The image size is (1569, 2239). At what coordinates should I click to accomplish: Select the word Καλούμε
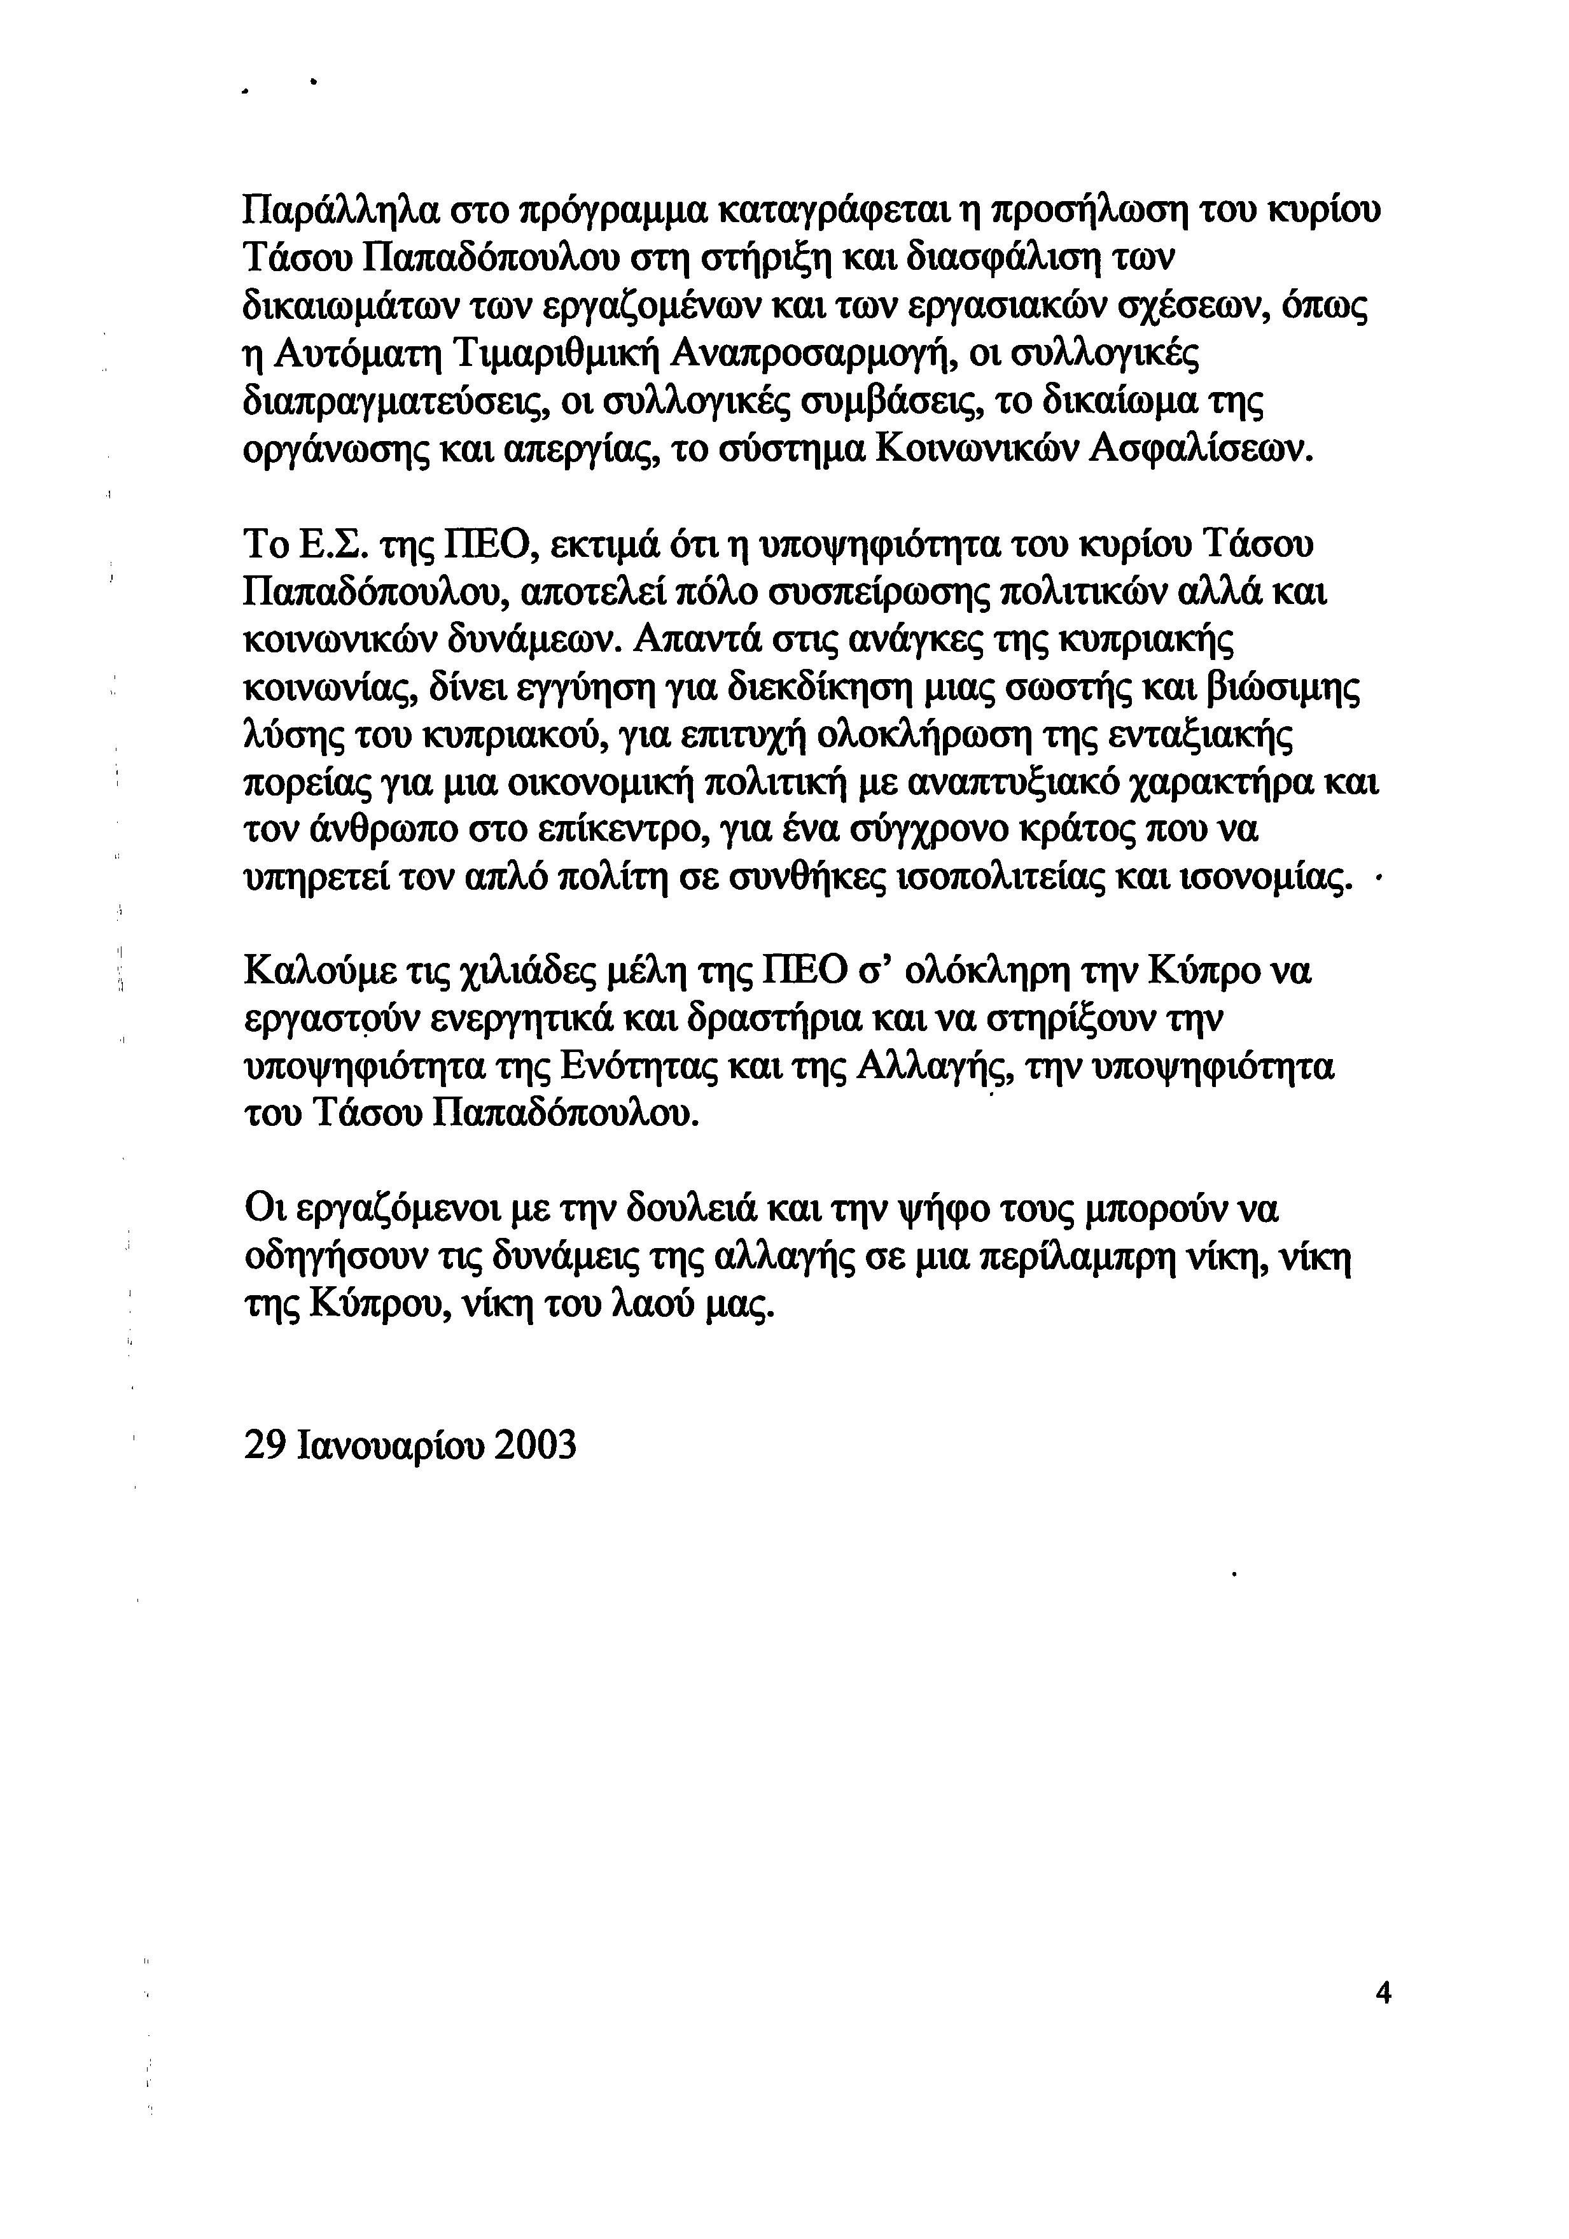(x=321, y=973)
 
